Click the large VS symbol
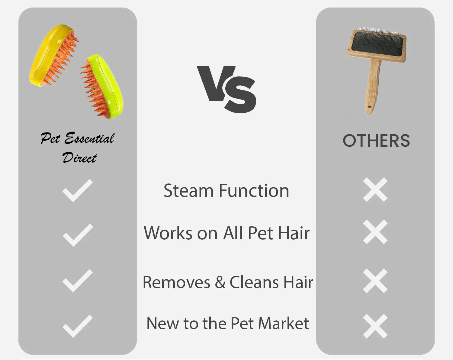(x=226, y=89)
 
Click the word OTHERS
(x=376, y=141)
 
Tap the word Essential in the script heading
(x=89, y=139)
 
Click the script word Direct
(x=79, y=158)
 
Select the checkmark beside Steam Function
(x=77, y=190)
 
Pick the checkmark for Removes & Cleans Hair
(x=77, y=280)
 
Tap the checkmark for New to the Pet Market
(x=77, y=326)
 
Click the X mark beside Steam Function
(x=375, y=190)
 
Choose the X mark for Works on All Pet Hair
(x=375, y=232)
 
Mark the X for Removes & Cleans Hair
(x=375, y=281)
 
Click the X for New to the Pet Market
(x=375, y=326)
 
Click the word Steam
(x=188, y=191)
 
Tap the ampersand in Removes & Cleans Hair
(x=220, y=282)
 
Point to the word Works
(x=168, y=233)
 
